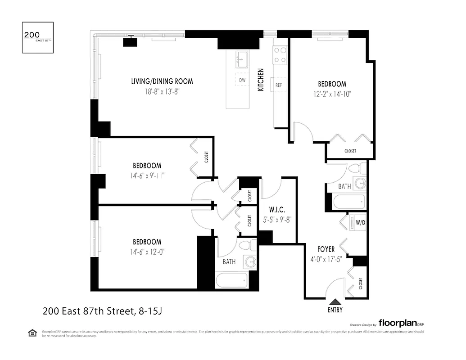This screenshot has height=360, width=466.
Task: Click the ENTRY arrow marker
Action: click(x=335, y=302)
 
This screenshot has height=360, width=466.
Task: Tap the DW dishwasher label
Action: click(x=242, y=80)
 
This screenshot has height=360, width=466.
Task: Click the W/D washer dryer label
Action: click(x=360, y=222)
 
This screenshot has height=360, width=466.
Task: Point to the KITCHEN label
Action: click(x=260, y=80)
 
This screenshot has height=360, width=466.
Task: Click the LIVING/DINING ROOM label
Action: click(x=162, y=81)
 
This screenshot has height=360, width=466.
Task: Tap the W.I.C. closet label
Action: click(x=277, y=210)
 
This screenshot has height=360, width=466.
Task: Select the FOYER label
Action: click(x=326, y=249)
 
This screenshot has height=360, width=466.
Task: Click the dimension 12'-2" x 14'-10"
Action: click(x=332, y=94)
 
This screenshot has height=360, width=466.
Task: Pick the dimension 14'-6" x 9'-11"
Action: click(x=147, y=175)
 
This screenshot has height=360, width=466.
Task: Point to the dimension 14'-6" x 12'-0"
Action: click(x=147, y=252)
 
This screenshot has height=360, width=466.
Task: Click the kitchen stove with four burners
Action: click(x=280, y=55)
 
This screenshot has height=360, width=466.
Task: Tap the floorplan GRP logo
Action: click(x=401, y=323)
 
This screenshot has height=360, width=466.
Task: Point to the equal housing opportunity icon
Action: click(x=32, y=333)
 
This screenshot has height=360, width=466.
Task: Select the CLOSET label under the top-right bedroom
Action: click(x=350, y=151)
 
